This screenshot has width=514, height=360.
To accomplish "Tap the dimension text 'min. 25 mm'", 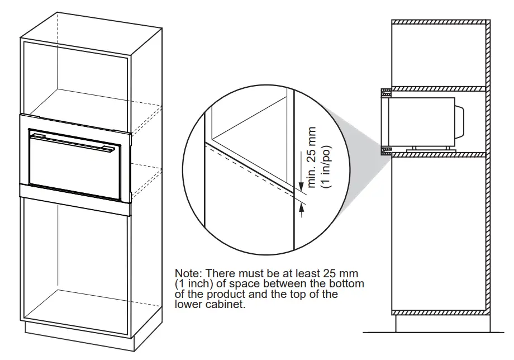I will tap(312, 157).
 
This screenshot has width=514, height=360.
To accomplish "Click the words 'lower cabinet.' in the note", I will tap(210, 305).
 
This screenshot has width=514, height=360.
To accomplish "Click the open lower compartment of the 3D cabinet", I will tap(75, 257).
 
